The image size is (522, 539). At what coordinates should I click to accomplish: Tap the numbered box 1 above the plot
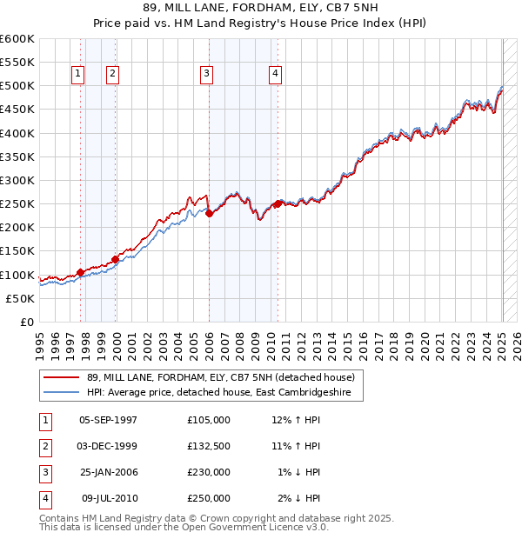78,75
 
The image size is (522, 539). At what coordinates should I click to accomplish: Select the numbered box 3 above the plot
207,75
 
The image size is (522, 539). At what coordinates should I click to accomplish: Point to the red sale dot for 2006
210,213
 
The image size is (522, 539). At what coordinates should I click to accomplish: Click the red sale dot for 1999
115,259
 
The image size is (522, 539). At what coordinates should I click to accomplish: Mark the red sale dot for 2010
278,203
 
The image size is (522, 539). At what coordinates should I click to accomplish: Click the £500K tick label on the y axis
17,86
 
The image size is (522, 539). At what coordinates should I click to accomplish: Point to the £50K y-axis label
21,298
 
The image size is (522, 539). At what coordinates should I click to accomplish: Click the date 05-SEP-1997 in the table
108,420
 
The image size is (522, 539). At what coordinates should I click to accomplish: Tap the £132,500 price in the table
209,446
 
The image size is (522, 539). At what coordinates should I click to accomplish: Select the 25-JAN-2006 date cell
108,472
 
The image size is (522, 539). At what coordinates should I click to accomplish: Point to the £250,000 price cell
209,498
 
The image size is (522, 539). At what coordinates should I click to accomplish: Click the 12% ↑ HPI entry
296,420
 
